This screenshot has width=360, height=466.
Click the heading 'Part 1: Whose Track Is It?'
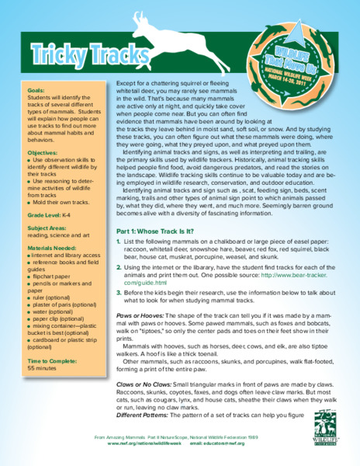pos(161,231)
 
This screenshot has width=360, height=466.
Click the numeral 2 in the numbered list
pos(119,266)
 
